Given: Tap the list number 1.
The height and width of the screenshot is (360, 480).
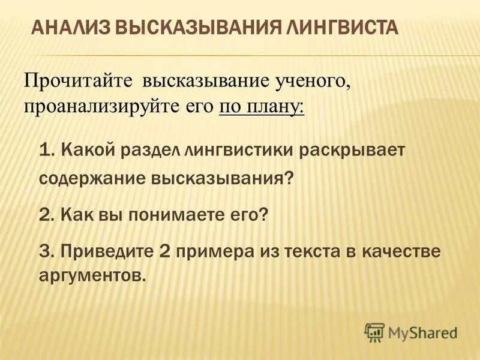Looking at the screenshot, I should (46, 150).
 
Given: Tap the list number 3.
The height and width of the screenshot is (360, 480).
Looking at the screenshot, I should (46, 251).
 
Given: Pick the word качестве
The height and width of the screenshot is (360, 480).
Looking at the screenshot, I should (403, 251).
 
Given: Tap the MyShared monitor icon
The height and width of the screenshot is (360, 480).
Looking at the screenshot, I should (374, 332).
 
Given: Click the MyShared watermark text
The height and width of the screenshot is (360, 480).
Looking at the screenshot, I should (422, 332).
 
